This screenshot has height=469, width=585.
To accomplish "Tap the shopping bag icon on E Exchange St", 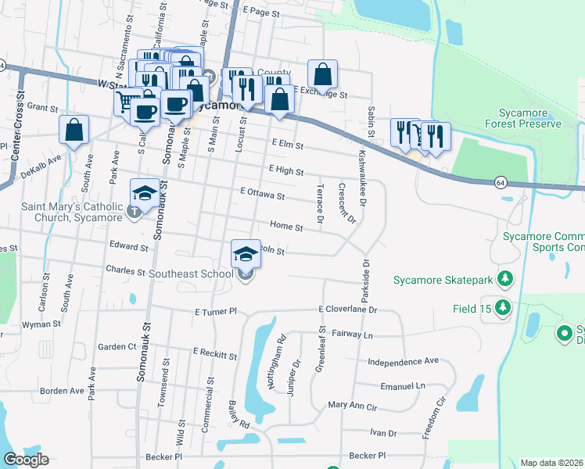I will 322,74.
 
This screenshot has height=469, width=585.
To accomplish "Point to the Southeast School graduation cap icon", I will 246,253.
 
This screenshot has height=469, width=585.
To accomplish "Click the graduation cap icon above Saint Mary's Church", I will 144,192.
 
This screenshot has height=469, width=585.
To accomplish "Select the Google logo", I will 25,460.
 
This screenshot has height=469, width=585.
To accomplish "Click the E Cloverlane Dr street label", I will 348,310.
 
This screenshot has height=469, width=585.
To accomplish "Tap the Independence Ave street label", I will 404,361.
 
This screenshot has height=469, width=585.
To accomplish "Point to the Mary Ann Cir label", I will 352,405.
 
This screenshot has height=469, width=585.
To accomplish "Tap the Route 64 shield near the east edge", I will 499,182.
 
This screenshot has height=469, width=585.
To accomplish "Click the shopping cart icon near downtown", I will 127,101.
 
